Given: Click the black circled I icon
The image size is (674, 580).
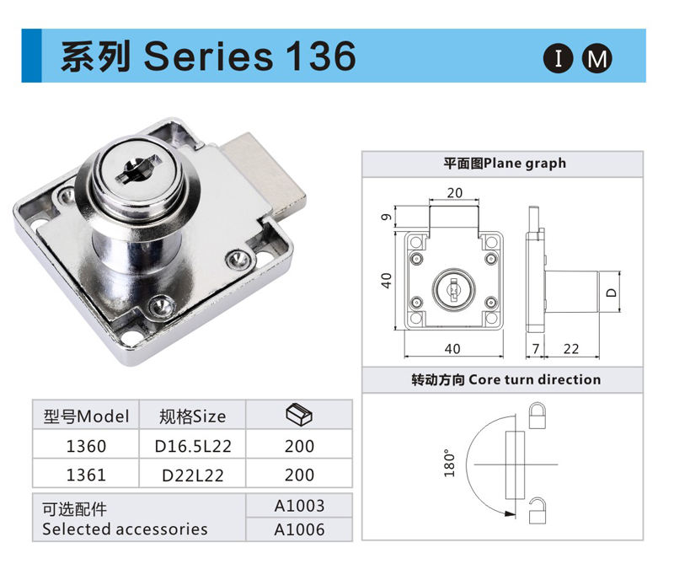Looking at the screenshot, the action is [x=558, y=58].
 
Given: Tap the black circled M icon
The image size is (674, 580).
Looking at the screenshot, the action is [x=597, y=58].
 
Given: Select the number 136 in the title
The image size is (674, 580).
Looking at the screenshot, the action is [x=321, y=56].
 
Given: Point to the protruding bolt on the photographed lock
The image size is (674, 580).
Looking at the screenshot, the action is [x=265, y=172].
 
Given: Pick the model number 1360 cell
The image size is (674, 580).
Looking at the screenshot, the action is [x=86, y=446].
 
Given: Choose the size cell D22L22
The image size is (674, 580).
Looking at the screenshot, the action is [x=193, y=475].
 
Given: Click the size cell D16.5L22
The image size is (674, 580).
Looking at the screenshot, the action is [x=193, y=446].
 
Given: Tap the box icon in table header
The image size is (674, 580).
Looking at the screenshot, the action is [x=299, y=415].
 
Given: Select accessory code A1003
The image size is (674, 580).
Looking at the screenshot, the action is [x=299, y=506].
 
